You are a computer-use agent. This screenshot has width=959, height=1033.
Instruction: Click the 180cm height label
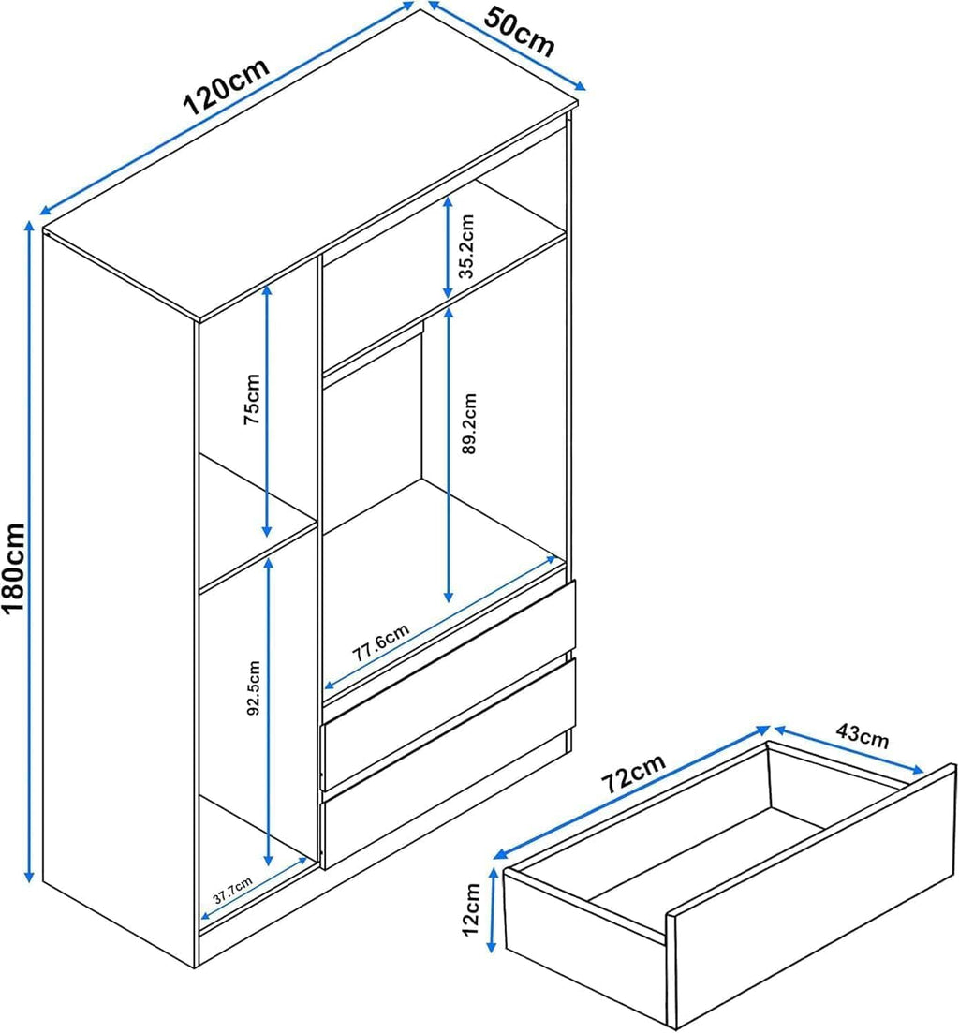[x=14, y=567]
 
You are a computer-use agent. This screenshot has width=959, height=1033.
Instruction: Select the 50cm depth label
[x=520, y=31]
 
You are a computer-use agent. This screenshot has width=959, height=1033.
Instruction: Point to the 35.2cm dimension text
[x=466, y=246]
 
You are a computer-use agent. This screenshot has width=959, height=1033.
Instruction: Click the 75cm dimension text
[x=252, y=399]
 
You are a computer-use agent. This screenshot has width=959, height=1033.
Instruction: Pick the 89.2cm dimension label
[x=469, y=423]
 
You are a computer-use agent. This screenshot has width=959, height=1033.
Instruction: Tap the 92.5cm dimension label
[x=254, y=687]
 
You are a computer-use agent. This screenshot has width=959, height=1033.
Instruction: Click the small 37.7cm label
[x=232, y=892]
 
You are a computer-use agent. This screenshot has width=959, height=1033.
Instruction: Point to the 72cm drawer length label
[x=634, y=773]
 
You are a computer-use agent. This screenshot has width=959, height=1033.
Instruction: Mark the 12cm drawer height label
[x=471, y=909]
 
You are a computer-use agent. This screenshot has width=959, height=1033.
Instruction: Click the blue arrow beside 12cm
[x=492, y=910]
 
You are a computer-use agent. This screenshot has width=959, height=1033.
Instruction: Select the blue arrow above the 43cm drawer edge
[x=849, y=750]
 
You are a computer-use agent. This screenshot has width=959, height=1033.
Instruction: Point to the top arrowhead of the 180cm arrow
[x=29, y=227]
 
